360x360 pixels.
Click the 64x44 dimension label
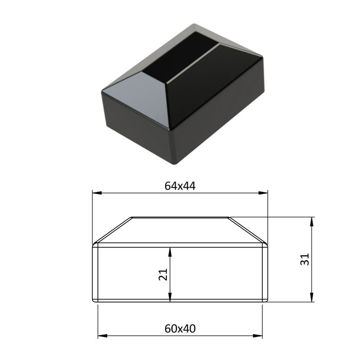click(x=180, y=186)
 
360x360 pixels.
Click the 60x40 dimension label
click(x=180, y=329)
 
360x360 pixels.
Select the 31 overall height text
click(x=305, y=260)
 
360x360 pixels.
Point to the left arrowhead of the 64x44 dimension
click(x=97, y=193)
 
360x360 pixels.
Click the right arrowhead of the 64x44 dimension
click(x=263, y=193)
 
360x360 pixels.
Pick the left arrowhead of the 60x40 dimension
click(x=103, y=336)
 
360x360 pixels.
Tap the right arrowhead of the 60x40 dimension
click(x=257, y=336)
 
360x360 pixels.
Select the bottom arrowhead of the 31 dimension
click(x=311, y=297)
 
